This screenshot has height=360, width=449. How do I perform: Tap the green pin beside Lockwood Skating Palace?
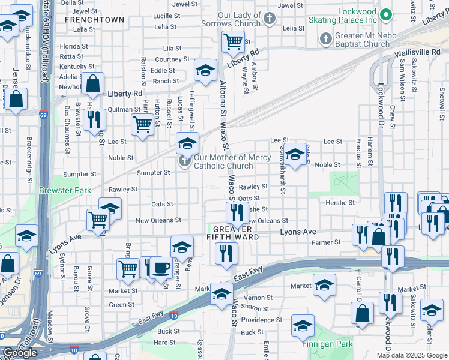click(387, 14)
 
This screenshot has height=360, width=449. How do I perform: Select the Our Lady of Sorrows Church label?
click(239, 19)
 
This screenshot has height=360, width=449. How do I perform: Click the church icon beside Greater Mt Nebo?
click(325, 39)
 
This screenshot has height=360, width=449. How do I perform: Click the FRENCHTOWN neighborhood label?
click(94, 20)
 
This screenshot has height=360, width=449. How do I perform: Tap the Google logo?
click(20, 353)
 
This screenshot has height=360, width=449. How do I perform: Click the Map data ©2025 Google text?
click(412, 355)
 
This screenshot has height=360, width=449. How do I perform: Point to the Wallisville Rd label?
click(417, 53)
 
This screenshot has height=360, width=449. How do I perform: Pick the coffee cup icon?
click(160, 267)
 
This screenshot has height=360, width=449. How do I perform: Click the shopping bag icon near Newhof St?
click(93, 84)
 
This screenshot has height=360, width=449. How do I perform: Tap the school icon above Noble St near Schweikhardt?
click(294, 154)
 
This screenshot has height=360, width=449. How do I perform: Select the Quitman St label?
click(123, 109)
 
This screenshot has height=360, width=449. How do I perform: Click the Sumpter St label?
click(153, 173)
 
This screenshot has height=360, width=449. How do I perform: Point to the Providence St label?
click(258, 320)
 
